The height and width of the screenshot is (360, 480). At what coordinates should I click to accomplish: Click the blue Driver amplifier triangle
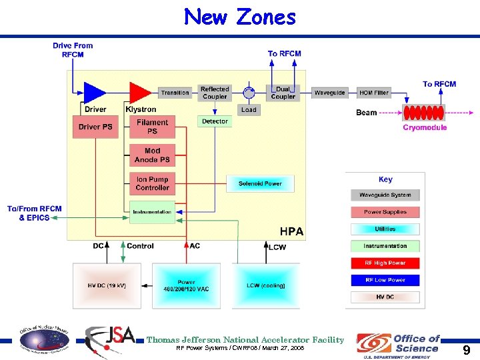[94, 92]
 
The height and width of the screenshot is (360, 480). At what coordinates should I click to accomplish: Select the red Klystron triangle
[139, 92]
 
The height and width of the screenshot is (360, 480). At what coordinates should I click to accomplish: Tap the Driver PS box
[95, 127]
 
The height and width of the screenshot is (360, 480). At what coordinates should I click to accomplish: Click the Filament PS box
[153, 127]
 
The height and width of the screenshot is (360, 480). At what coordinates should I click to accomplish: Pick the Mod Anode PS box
[153, 155]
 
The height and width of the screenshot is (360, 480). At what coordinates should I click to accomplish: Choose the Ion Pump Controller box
[153, 183]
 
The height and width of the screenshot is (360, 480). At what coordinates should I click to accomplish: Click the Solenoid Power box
[260, 183]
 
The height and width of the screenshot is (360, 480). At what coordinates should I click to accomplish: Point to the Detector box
[215, 121]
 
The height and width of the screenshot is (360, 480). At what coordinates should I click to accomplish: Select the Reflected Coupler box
[215, 93]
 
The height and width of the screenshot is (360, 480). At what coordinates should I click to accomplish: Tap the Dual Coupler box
[283, 93]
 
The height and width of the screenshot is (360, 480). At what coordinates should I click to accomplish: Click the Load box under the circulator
[249, 110]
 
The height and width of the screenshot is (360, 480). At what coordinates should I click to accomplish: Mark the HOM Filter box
[373, 93]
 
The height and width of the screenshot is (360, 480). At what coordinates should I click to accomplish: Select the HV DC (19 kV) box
[107, 285]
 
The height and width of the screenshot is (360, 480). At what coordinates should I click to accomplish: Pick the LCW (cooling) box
[266, 285]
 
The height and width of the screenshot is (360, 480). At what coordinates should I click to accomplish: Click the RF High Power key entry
[385, 263]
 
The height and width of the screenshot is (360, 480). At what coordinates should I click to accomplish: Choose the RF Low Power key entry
[385, 280]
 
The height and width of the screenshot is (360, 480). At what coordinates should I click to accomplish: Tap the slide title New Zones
[240, 17]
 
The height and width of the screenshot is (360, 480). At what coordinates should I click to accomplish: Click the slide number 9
[466, 350]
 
